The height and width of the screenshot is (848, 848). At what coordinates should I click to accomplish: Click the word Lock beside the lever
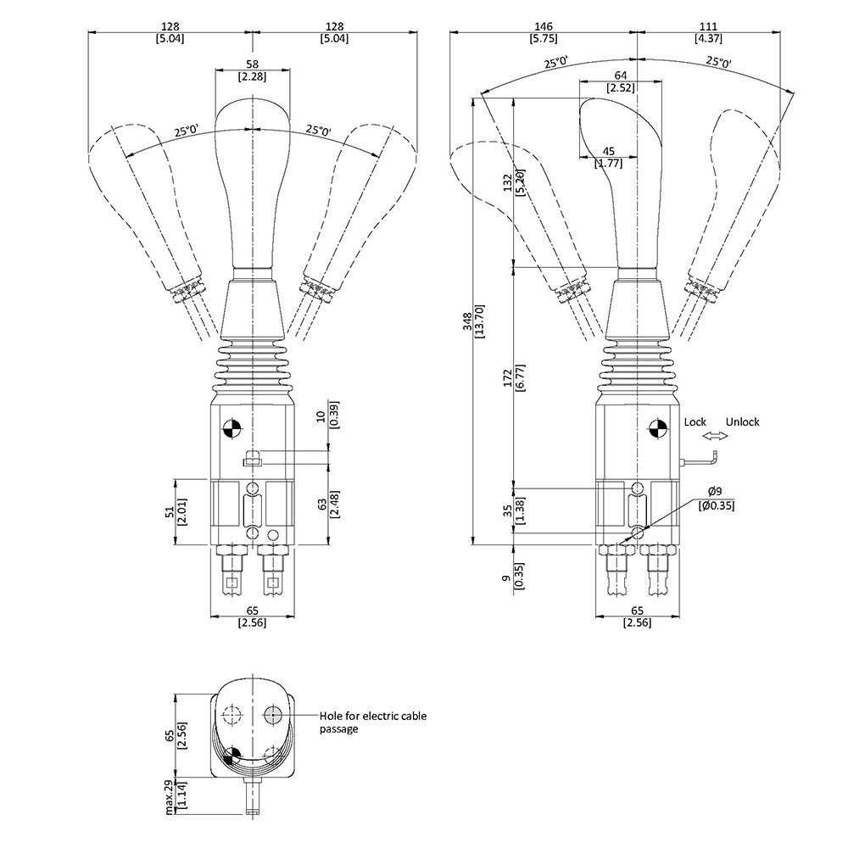[x=695, y=421]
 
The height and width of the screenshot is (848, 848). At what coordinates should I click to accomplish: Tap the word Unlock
[x=742, y=421]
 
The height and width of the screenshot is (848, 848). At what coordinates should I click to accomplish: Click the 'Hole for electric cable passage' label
[x=372, y=722]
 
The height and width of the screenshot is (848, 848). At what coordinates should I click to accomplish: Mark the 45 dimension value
[x=608, y=152]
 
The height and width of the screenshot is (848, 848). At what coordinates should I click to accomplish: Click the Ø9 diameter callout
[x=715, y=492]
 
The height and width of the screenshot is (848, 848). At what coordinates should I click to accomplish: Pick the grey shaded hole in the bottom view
[x=273, y=715]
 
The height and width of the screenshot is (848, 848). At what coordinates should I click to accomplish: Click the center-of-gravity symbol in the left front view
[x=232, y=427]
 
